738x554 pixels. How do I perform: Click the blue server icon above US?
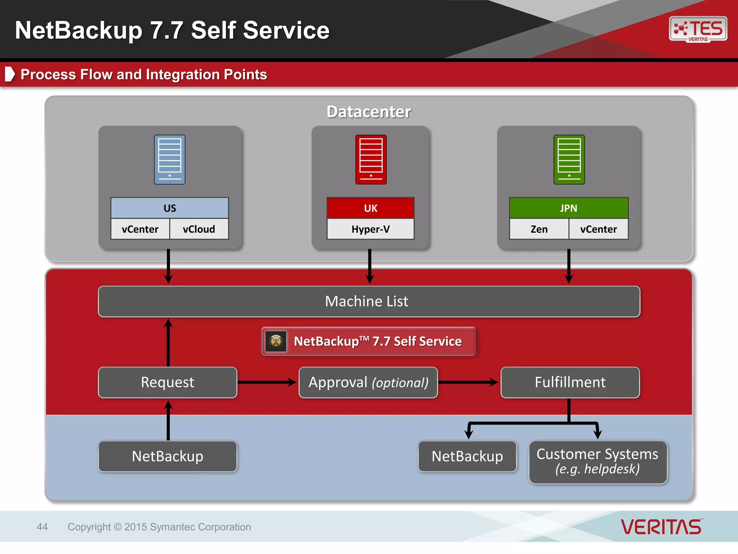(170, 159)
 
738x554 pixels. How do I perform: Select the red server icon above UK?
(371, 159)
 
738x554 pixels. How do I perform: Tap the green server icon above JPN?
(569, 159)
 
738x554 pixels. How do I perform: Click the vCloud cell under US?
(199, 229)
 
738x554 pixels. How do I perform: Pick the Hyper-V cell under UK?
(370, 229)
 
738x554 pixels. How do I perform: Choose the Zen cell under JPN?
(539, 229)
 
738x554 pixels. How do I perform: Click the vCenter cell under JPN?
(599, 229)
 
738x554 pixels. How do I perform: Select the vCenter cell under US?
(140, 229)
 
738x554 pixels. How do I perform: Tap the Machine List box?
(369, 302)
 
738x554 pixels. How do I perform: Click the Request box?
(168, 382)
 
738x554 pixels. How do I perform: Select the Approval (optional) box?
(368, 382)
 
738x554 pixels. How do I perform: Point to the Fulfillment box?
(570, 382)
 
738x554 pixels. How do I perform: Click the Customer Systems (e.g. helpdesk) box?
(598, 462)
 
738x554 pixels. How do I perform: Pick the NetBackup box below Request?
(168, 456)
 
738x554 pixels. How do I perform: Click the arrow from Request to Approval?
(267, 382)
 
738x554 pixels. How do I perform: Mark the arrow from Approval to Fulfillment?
(468, 382)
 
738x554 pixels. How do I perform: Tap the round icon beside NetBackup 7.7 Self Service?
(276, 341)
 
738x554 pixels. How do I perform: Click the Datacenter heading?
(369, 112)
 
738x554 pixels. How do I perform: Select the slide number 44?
(42, 527)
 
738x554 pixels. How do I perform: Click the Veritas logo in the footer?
(661, 527)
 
